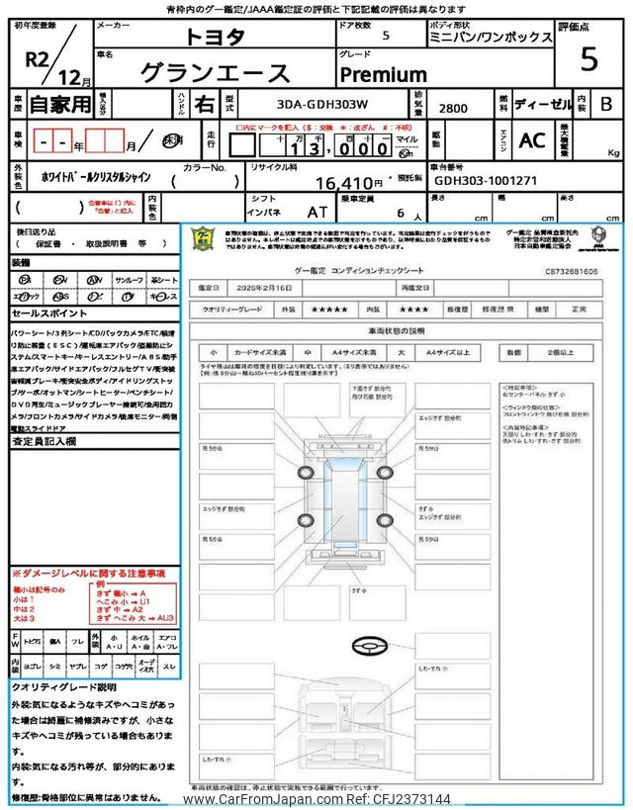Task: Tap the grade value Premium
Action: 384,74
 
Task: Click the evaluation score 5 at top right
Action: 588,59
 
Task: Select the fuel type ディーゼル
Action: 538,104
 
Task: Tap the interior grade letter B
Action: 605,104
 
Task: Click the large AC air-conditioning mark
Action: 531,140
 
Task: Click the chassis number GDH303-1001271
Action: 484,182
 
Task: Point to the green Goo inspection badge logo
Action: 202,240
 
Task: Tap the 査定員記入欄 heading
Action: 44,441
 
